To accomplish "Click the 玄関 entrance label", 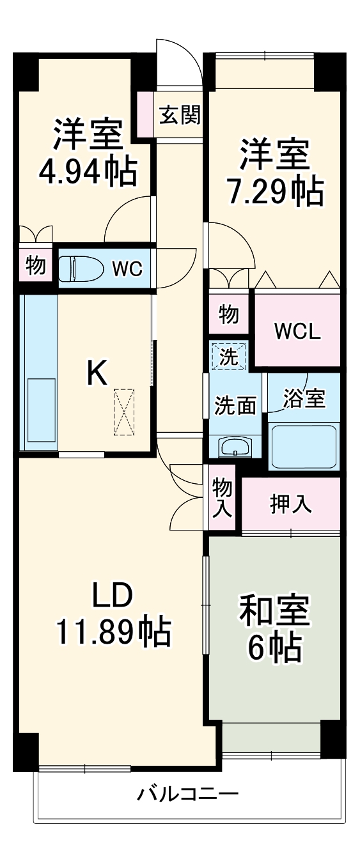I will click(x=180, y=115).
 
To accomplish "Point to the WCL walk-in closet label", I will click(x=297, y=332).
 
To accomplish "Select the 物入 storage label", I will click(x=221, y=498).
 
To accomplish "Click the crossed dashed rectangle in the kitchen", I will click(x=124, y=412).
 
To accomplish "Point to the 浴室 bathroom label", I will click(x=305, y=399).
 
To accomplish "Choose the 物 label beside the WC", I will click(x=36, y=265).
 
